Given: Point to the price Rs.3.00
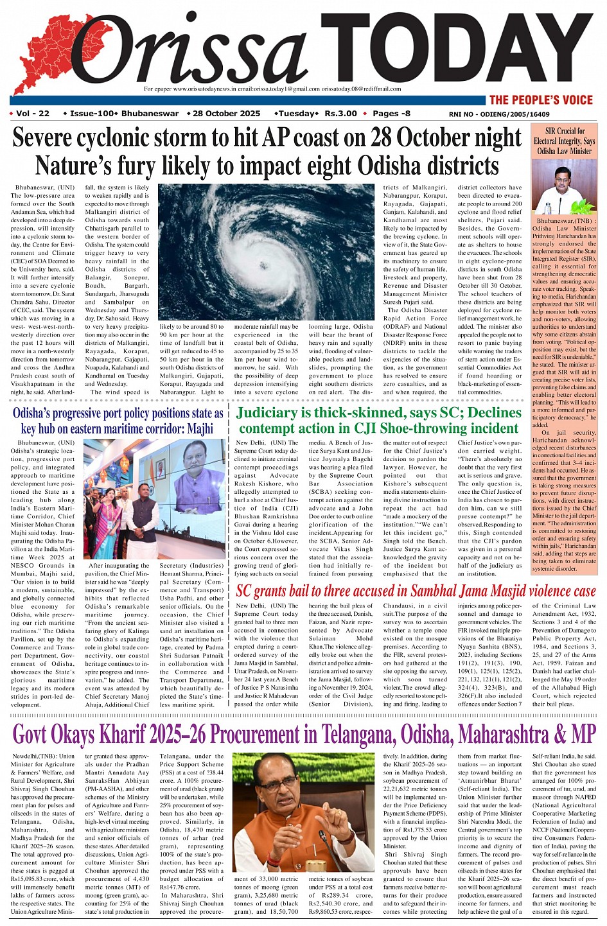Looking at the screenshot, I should click(x=340, y=114).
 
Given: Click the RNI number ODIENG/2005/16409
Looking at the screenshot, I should click(x=499, y=114).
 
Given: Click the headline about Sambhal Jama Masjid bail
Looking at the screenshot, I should click(x=416, y=591).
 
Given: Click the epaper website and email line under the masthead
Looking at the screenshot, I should click(x=272, y=89).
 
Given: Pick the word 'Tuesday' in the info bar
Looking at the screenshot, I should click(x=296, y=114).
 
